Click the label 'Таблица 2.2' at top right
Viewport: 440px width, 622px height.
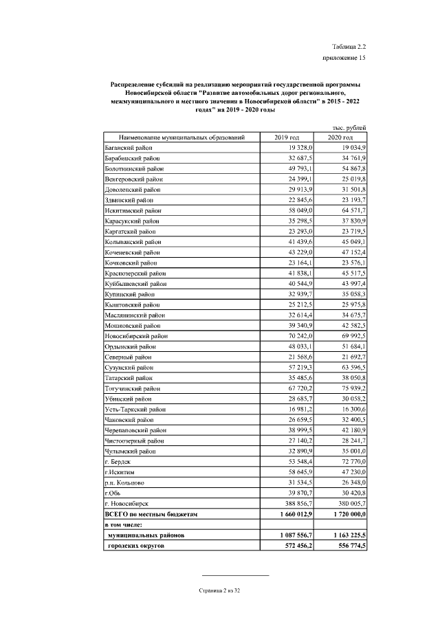tap(349, 45)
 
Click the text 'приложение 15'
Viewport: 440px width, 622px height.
tap(344, 58)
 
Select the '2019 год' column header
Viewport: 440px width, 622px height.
tap(287, 138)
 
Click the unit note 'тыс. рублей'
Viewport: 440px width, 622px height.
tap(351, 128)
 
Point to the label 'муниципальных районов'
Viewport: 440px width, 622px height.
tap(146, 534)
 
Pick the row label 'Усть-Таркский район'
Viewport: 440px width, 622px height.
tap(135, 409)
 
